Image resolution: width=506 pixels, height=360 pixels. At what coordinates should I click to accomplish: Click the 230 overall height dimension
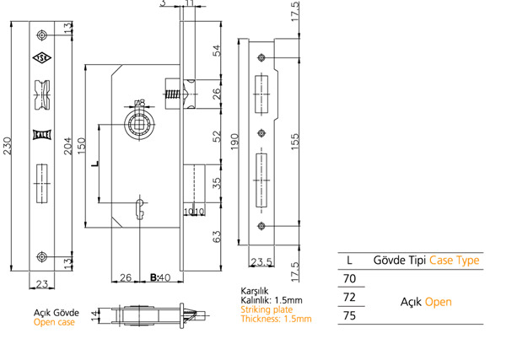point(7,146)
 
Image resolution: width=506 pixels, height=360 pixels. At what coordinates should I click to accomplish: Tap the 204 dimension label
point(67,146)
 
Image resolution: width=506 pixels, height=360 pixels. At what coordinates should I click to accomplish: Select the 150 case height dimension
point(81,146)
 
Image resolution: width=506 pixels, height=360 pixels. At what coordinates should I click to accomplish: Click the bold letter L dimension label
point(94,164)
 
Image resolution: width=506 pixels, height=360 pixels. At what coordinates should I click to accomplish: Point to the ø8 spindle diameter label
point(140,103)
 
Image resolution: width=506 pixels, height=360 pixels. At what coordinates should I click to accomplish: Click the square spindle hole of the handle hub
point(139,124)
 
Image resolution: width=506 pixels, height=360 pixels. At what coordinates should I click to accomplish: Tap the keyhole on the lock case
point(140,209)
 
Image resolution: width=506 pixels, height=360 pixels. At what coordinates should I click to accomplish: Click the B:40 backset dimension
point(160,277)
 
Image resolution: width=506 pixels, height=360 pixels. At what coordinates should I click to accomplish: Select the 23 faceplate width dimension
point(42,284)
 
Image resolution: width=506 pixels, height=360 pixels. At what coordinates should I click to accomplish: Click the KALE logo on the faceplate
point(42,135)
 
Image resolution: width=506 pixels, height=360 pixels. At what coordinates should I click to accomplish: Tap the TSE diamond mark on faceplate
point(42,57)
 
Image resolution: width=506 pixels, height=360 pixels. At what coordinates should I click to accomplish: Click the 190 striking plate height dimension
point(234,142)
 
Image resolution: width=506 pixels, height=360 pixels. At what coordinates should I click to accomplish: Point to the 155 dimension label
point(295,142)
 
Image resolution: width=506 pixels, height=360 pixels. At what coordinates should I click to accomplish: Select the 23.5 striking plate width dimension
point(261,262)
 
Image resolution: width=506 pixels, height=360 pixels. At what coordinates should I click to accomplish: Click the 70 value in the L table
point(349,278)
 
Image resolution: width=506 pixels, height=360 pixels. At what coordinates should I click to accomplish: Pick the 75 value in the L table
point(349,315)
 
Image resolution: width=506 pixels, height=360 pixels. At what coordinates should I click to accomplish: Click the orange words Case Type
point(455,260)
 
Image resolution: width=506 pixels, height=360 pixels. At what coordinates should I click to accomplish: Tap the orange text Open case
point(54,322)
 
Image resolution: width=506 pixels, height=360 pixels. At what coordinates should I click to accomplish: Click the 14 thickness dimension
point(94,315)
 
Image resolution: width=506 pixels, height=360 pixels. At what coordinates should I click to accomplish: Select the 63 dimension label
point(218,236)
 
